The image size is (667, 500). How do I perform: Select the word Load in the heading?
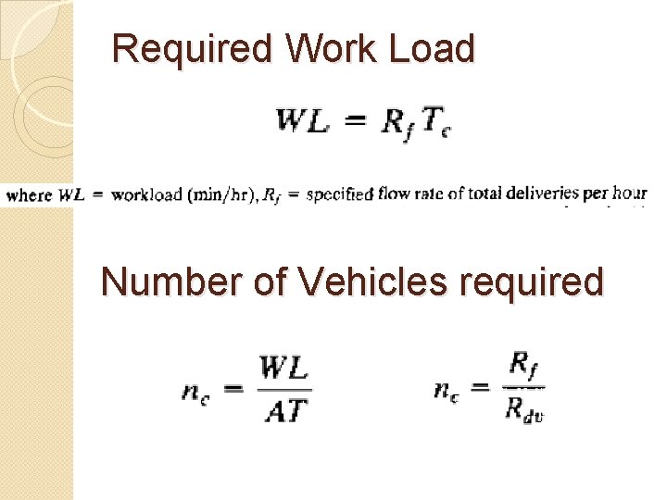433,48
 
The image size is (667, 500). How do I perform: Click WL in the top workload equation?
303,120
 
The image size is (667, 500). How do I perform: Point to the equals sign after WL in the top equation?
355,120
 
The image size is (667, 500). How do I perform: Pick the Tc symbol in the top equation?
436,120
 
